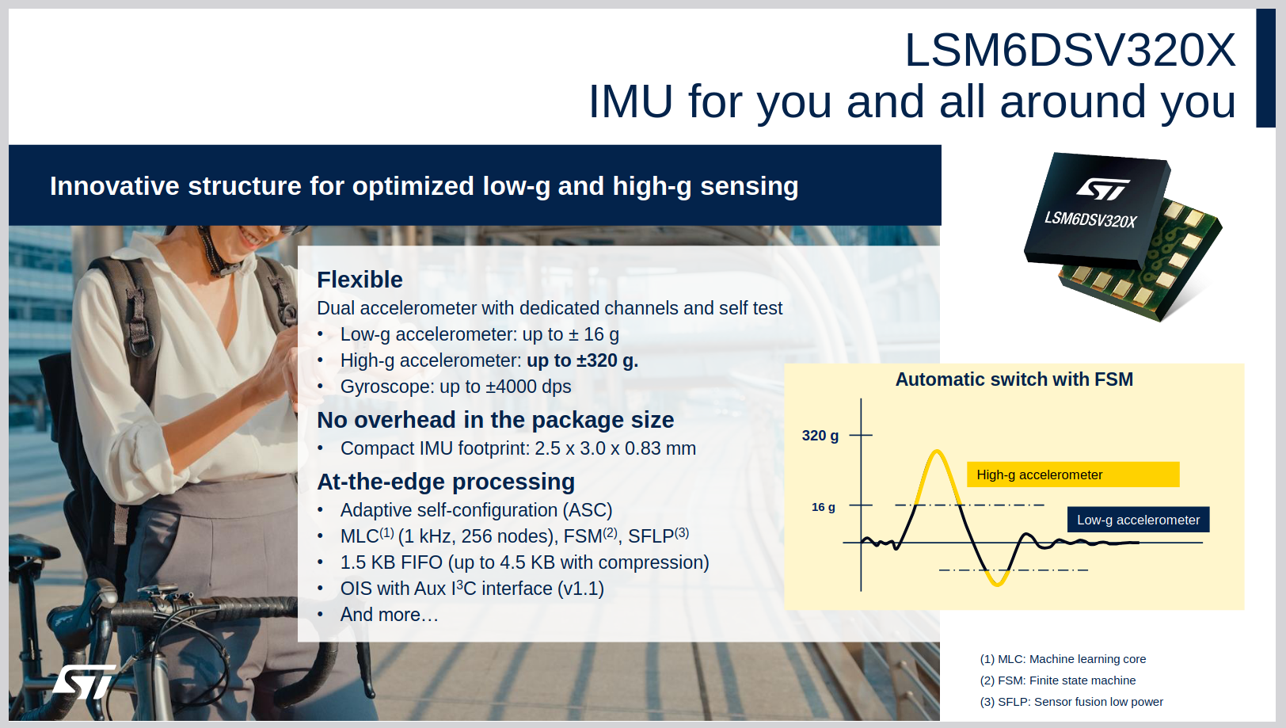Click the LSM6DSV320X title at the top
[x=1070, y=51]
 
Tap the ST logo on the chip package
[x=1103, y=189]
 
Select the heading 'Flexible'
[x=360, y=280]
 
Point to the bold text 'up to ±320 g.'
[x=582, y=360]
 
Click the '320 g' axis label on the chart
[x=820, y=436]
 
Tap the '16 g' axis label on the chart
[x=823, y=507]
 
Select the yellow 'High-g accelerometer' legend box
[x=1073, y=475]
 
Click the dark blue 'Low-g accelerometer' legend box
[x=1139, y=520]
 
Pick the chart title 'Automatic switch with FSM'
[x=1014, y=379]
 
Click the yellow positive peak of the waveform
[x=937, y=452]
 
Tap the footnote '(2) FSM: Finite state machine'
[x=1057, y=680]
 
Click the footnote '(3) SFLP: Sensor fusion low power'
[x=1071, y=702]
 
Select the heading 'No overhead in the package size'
[x=496, y=421]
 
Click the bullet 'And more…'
[x=390, y=615]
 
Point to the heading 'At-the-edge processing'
[x=446, y=482]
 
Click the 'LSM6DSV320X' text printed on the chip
[x=1090, y=219]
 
